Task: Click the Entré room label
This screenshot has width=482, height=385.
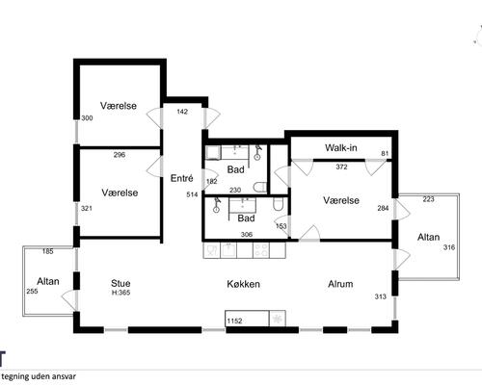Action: [x=181, y=178]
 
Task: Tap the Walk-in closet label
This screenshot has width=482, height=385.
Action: [x=341, y=148]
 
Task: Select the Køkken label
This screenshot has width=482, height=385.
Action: [x=243, y=284]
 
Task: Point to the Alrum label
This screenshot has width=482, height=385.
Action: [x=340, y=284]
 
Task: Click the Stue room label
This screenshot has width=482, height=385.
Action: [x=120, y=283]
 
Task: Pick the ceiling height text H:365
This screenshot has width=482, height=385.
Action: [x=120, y=293]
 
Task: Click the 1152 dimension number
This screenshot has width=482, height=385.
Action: [x=234, y=321]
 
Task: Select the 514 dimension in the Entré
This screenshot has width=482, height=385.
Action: [x=192, y=194]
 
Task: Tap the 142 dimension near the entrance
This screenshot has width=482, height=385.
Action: [x=182, y=112]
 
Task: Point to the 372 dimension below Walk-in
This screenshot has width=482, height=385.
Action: [x=341, y=167]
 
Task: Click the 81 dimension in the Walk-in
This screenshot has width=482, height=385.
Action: [x=385, y=154]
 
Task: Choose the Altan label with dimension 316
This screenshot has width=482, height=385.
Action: [x=428, y=237]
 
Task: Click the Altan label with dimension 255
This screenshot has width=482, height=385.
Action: [x=48, y=281]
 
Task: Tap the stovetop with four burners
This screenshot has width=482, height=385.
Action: [x=261, y=250]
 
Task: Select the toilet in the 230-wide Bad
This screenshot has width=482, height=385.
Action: [x=260, y=187]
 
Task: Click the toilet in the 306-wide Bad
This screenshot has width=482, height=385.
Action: [x=278, y=204]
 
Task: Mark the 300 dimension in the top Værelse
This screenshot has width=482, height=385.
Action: [x=87, y=118]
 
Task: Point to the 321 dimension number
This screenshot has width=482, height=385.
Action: [x=87, y=208]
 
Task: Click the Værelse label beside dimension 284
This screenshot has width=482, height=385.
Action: [x=341, y=200]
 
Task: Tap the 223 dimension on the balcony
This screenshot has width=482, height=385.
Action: [x=428, y=199]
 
